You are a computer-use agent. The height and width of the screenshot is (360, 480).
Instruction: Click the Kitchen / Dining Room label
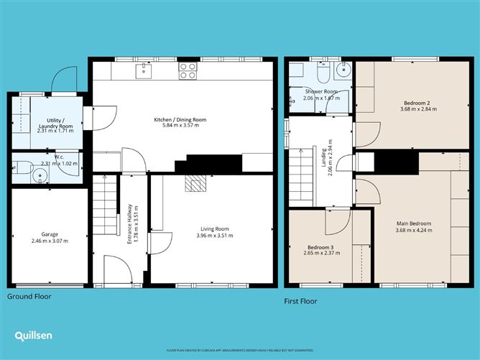point(180,119)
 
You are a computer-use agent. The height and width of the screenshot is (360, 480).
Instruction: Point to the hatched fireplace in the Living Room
point(195,184)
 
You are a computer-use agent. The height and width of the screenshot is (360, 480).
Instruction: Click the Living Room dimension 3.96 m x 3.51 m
point(216,236)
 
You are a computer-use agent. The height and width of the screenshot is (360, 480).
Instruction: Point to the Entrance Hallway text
point(129,225)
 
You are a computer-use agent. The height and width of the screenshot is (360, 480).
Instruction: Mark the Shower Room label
point(320,91)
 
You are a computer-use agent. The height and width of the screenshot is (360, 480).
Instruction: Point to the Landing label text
point(323,167)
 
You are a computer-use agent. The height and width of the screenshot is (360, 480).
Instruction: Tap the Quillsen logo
point(34,336)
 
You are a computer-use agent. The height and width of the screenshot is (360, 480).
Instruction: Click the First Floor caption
point(300,301)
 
